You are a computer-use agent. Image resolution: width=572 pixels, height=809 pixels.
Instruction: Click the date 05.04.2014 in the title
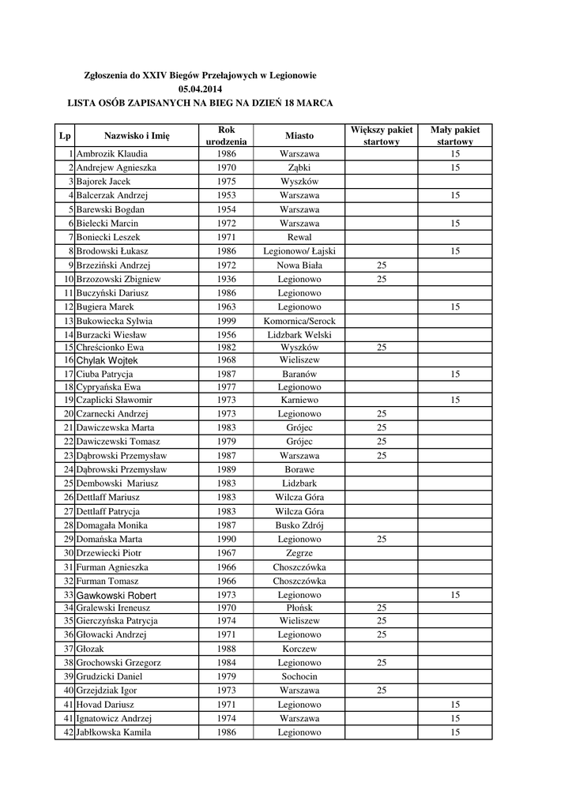[201, 89]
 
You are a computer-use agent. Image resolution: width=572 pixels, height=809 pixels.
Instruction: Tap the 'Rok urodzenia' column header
[226, 135]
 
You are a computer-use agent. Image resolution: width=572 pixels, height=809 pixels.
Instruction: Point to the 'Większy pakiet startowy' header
[381, 135]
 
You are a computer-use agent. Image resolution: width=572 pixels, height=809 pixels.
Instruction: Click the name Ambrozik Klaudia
[111, 154]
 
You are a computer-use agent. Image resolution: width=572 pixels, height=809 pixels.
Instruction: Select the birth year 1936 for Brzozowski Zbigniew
[226, 279]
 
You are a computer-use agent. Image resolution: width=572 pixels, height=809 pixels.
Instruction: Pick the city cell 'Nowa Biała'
[299, 265]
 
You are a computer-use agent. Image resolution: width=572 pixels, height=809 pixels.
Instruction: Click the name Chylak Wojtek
[107, 360]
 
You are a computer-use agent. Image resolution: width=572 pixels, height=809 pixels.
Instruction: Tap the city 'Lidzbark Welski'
[299, 334]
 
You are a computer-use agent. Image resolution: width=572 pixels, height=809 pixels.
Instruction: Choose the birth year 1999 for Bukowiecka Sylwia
[226, 321]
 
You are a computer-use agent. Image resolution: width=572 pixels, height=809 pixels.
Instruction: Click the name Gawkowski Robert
[116, 595]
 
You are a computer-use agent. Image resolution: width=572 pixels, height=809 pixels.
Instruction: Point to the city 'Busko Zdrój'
[299, 525]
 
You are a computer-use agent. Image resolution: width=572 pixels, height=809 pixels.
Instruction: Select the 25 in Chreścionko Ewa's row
[381, 348]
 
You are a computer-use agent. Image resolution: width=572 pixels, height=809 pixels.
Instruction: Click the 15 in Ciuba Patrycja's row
[455, 374]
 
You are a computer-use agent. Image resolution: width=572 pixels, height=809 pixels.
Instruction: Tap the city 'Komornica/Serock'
[299, 321]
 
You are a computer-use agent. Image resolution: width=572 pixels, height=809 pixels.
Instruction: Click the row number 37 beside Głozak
[69, 649]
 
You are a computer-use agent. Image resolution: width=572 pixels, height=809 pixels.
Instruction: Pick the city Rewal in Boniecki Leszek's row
[299, 237]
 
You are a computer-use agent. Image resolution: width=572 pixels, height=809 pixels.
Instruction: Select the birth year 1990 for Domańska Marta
[226, 539]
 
